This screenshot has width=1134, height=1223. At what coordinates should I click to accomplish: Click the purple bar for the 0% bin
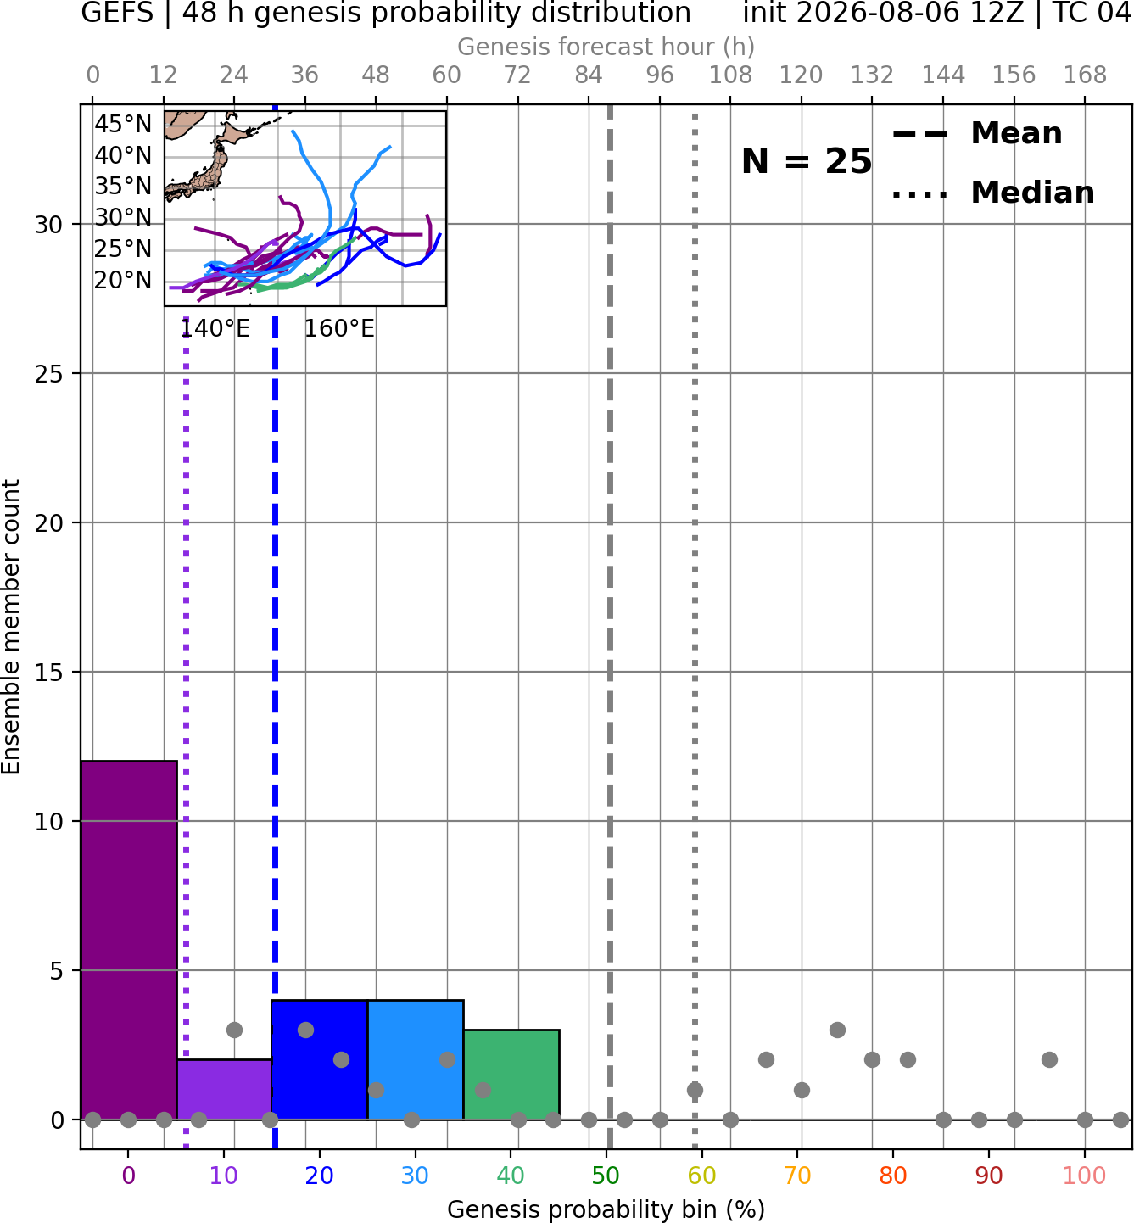coord(129,941)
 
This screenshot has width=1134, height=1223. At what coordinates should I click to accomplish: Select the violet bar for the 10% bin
coord(224,1089)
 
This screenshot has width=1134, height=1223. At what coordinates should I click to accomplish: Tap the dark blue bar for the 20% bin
coord(320,1060)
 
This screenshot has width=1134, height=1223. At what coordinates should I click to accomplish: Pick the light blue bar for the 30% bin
coord(416,1060)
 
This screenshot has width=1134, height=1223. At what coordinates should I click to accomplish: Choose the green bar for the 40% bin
coord(511,1075)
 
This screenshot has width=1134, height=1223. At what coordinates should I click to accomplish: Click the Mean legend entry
coord(977,134)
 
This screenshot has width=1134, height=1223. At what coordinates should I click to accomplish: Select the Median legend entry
coord(993,193)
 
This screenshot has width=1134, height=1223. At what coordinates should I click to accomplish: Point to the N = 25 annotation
coord(807,161)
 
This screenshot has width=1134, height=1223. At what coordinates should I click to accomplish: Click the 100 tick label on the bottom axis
coord(1084,1176)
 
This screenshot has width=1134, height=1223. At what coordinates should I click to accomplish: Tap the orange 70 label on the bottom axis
coord(797,1176)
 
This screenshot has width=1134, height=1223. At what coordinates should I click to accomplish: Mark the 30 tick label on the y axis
coord(48,225)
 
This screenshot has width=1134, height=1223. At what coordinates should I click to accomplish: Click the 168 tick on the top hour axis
coord(1085,75)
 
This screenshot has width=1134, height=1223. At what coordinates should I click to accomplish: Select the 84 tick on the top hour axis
coord(589,75)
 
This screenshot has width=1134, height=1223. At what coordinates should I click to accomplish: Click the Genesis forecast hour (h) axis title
coord(606,47)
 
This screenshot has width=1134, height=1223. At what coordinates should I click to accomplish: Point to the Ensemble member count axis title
coord(11,627)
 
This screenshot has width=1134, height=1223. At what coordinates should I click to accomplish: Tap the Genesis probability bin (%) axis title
coord(606,1209)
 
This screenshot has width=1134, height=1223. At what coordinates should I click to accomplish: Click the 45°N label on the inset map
coord(123,125)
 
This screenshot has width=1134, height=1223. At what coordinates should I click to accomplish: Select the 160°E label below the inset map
coord(339,329)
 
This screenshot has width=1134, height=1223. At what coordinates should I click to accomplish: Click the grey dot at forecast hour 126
coord(837,1030)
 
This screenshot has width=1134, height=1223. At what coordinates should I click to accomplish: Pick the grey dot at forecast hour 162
coord(1050,1060)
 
